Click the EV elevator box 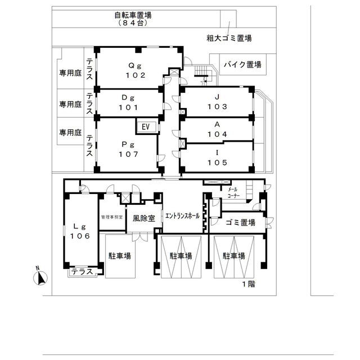pos(146,127)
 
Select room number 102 pos(136,75)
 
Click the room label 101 pos(129,107)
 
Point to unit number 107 pos(129,154)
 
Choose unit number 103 pos(218,106)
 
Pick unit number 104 pos(218,134)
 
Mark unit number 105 pos(218,163)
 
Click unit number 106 pos(80,236)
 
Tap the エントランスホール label pos(182,216)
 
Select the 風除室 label pos(144,218)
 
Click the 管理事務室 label pos(112,217)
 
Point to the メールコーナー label pos(234,192)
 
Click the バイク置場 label pos(242,65)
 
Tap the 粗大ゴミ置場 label pos(229,38)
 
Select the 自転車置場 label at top pos(133,16)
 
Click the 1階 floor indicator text pos(249,284)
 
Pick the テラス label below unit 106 pos(82,272)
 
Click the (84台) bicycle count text pos(133,23)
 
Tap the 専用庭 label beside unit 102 pos(70,73)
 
